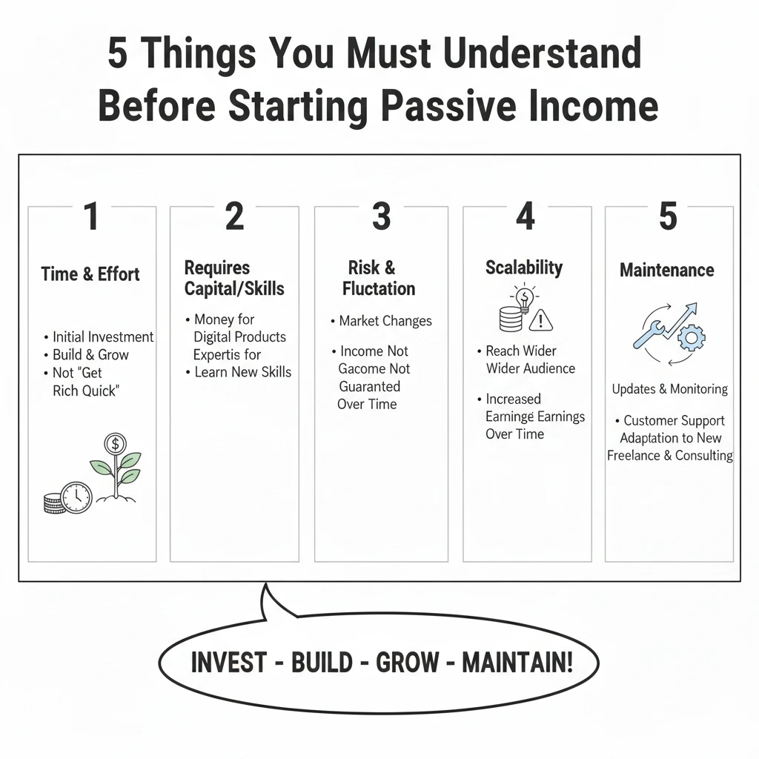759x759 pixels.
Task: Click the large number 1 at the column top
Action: [91, 216]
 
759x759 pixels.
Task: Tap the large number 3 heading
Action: [381, 216]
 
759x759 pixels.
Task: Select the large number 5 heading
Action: [668, 216]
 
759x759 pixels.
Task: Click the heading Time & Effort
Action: [90, 274]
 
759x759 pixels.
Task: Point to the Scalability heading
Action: [524, 268]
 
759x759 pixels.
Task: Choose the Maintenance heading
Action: [666, 270]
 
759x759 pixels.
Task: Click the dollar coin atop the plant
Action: [115, 443]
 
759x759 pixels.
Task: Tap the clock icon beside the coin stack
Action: [76, 497]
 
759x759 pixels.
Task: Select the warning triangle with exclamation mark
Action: [541, 320]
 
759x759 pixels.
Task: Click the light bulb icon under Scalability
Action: [524, 299]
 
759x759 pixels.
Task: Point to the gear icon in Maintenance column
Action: [692, 337]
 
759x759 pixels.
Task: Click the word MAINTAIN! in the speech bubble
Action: [517, 662]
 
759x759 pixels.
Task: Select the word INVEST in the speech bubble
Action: [229, 662]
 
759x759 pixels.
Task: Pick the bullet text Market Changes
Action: [385, 321]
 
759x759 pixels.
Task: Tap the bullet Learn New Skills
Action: [243, 372]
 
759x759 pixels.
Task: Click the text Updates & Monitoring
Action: [669, 388]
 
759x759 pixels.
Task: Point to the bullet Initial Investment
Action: [103, 337]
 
